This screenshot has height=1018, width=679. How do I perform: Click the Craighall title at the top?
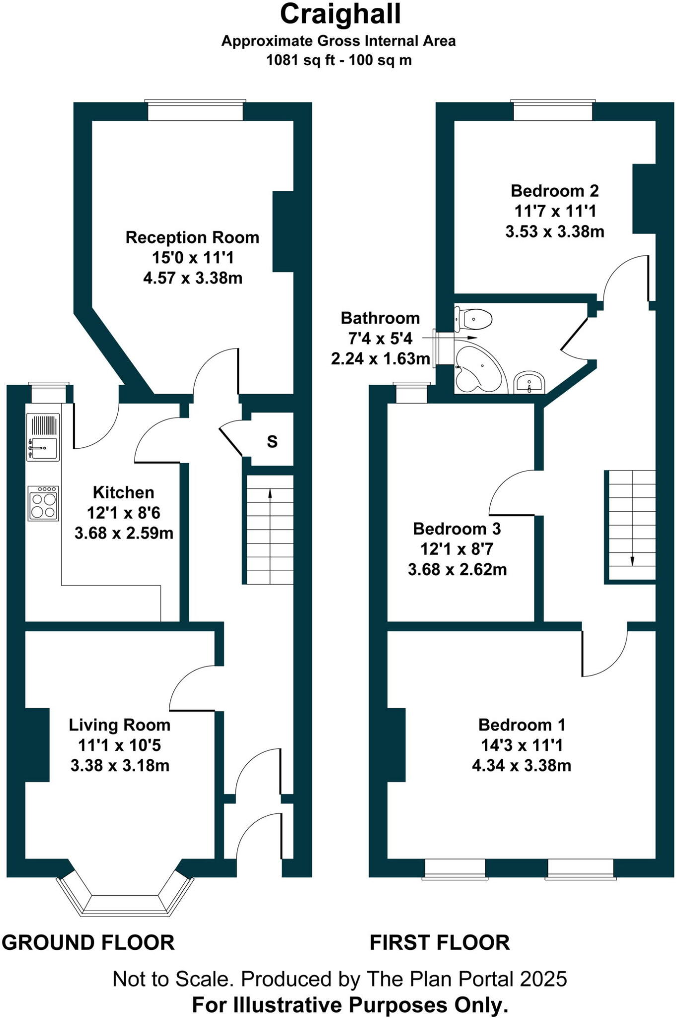(340, 14)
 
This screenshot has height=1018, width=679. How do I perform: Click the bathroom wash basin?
(529, 383)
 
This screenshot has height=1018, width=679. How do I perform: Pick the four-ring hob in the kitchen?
(43, 504)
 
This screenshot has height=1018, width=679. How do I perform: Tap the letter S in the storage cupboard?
(272, 441)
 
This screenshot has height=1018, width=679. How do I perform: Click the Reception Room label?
(192, 238)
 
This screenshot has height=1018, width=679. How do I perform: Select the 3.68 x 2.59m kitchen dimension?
(124, 533)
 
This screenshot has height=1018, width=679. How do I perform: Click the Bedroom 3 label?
(456, 529)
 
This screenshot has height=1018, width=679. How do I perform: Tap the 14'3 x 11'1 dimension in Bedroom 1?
(521, 745)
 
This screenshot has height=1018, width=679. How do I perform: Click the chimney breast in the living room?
(37, 745)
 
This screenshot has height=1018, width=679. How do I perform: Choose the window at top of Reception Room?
(195, 110)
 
